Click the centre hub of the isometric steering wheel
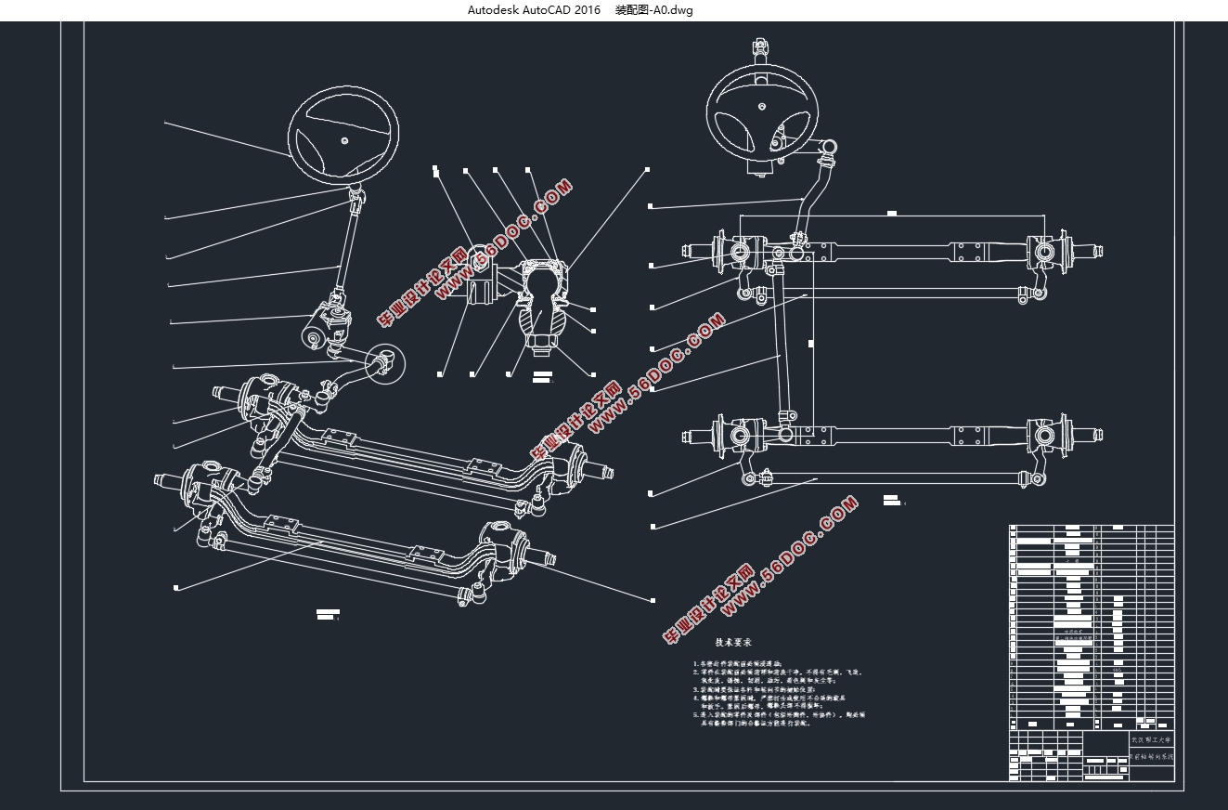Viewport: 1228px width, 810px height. point(343,140)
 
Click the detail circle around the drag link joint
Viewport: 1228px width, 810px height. point(385,364)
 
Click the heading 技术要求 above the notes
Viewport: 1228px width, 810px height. point(733,642)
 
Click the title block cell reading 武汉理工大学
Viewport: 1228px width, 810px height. point(1151,740)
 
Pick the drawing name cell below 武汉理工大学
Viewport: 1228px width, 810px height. point(1151,757)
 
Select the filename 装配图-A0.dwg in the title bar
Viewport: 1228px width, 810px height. point(654,10)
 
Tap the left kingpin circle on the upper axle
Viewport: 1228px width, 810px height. point(739,251)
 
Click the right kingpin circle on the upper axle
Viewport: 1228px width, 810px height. point(1043,251)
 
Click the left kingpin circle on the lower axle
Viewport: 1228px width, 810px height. point(739,435)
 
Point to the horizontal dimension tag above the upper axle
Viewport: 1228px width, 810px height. point(891,214)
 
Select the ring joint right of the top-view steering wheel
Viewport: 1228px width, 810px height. point(830,146)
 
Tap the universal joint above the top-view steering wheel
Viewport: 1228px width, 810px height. point(760,46)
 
